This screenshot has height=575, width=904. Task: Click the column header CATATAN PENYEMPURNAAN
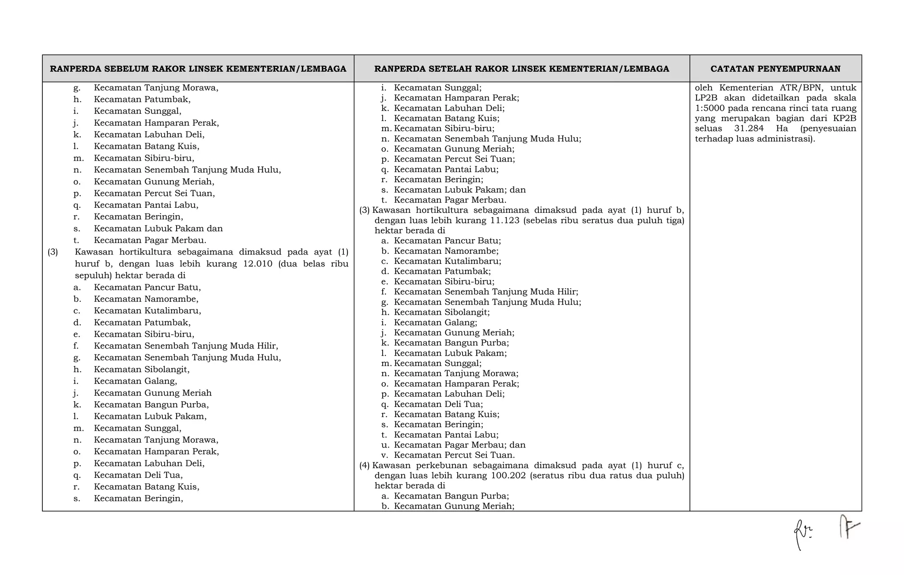pyautogui.click(x=775, y=69)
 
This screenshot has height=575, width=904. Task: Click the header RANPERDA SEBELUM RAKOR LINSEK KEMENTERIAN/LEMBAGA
pyautogui.click(x=198, y=69)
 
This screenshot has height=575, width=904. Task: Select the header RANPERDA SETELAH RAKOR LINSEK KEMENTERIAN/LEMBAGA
pyautogui.click(x=521, y=69)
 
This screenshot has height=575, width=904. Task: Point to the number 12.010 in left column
pyautogui.click(x=258, y=264)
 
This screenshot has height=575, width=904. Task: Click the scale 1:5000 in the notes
pyautogui.click(x=709, y=108)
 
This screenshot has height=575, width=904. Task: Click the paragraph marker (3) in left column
pyautogui.click(x=53, y=252)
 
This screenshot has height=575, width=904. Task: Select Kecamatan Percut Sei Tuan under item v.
pyautogui.click(x=454, y=455)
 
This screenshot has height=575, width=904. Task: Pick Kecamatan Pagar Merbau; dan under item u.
pyautogui.click(x=460, y=445)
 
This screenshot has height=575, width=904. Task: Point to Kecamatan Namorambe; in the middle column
pyautogui.click(x=446, y=251)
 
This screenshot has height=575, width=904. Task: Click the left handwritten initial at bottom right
pyautogui.click(x=802, y=534)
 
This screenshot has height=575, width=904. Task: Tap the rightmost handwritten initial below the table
pyautogui.click(x=848, y=527)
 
